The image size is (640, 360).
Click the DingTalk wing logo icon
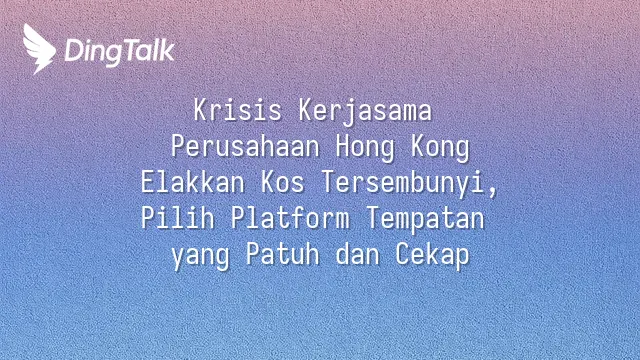click(x=39, y=49)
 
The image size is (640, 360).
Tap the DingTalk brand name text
click(x=120, y=51)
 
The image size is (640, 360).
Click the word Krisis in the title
click(x=238, y=110)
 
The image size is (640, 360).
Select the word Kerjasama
click(x=365, y=111)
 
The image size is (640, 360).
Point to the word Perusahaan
click(x=245, y=147)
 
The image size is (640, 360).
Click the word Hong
click(x=365, y=148)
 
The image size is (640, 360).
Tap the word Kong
click(x=440, y=148)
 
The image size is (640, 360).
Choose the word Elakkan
click(x=193, y=182)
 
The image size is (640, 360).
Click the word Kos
click(x=282, y=182)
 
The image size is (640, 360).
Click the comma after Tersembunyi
click(x=492, y=192)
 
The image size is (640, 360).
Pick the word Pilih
click(x=178, y=218)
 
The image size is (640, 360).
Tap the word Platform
click(x=290, y=218)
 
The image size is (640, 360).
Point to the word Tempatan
click(x=425, y=219)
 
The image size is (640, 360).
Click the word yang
click(x=200, y=256)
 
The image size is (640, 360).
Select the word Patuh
click(x=282, y=254)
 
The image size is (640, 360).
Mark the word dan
click(x=358, y=254)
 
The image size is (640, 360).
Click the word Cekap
click(x=432, y=256)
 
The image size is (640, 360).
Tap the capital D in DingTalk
click(x=73, y=50)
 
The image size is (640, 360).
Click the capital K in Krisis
click(x=201, y=110)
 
